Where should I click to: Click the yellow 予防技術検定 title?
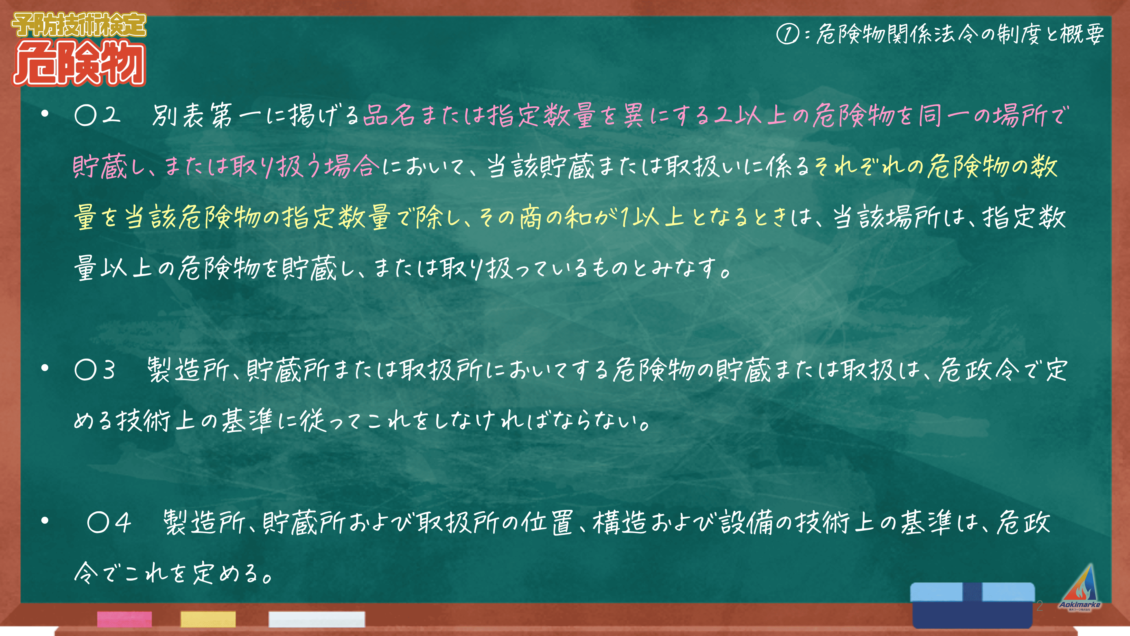pyautogui.click(x=79, y=25)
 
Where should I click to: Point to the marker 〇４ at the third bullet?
pyautogui.click(x=109, y=523)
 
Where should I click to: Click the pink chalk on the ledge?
pyautogui.click(x=125, y=619)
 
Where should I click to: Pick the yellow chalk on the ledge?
pyautogui.click(x=208, y=619)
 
